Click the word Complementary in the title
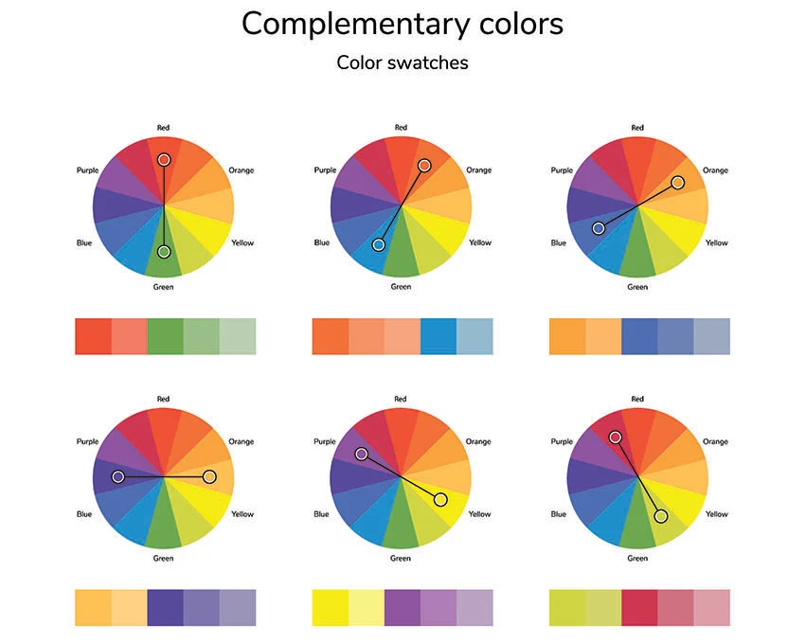pos(355,25)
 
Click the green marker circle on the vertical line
pos(164,252)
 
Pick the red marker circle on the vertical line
pos(164,160)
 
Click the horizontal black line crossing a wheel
pos(164,476)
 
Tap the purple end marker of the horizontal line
pos(118,476)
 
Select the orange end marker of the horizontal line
pos(209,476)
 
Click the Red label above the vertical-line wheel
pos(163,127)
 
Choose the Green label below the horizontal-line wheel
pos(163,558)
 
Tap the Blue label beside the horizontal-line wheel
pos(84,513)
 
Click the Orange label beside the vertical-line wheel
pos(241,170)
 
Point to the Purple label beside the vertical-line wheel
pos(87,170)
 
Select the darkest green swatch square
pos(166,336)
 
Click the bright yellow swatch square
pos(331,608)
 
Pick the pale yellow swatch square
pos(367,608)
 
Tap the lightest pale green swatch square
pos(238,336)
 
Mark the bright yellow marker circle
pos(440,499)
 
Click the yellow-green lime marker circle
pos(661,516)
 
